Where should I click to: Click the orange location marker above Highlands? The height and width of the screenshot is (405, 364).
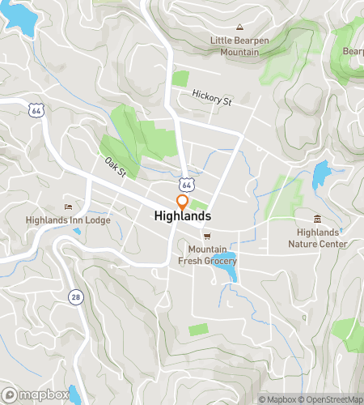click(183, 202)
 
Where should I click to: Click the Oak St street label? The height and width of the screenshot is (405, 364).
click(116, 166)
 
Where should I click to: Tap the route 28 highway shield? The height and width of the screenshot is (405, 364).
click(75, 296)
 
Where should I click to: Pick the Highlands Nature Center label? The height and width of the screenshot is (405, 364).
click(321, 238)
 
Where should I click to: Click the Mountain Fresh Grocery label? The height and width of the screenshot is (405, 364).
click(212, 255)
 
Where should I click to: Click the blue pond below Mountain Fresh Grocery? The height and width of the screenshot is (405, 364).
click(228, 274)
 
